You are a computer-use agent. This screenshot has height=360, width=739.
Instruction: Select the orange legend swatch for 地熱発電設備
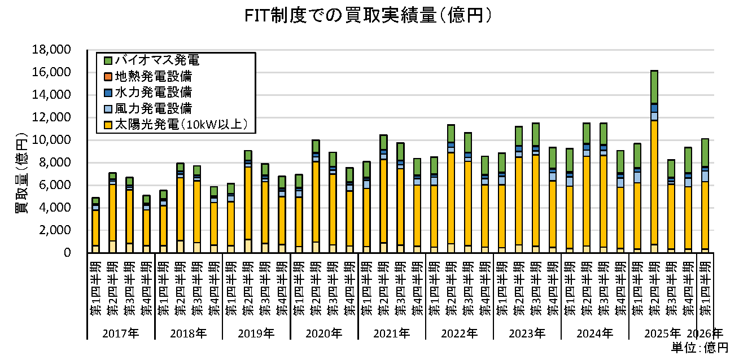pos(108,77)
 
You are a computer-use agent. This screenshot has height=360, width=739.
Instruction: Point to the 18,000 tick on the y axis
pos(51,50)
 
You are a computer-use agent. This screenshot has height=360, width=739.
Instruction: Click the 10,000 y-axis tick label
pos(51,140)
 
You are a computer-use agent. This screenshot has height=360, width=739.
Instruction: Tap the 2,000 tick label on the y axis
pos(55,230)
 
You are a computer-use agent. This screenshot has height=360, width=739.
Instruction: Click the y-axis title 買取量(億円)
pos(21,173)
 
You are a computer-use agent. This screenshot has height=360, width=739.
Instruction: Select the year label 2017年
pos(121,333)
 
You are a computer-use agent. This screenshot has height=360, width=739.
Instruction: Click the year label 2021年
pos(392,333)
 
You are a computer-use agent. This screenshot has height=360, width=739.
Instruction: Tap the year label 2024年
pos(595,333)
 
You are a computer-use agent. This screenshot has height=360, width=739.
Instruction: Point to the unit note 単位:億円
pos(699,348)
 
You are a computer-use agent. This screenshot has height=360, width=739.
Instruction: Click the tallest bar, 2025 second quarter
pos(654,161)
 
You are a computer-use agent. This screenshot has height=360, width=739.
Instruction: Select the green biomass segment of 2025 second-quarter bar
pos(654,87)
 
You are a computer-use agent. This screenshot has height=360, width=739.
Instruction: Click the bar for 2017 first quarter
pos(95,225)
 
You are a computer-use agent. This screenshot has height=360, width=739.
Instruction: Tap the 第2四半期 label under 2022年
pos(451,288)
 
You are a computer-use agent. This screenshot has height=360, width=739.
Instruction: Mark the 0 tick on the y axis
pos(67,253)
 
